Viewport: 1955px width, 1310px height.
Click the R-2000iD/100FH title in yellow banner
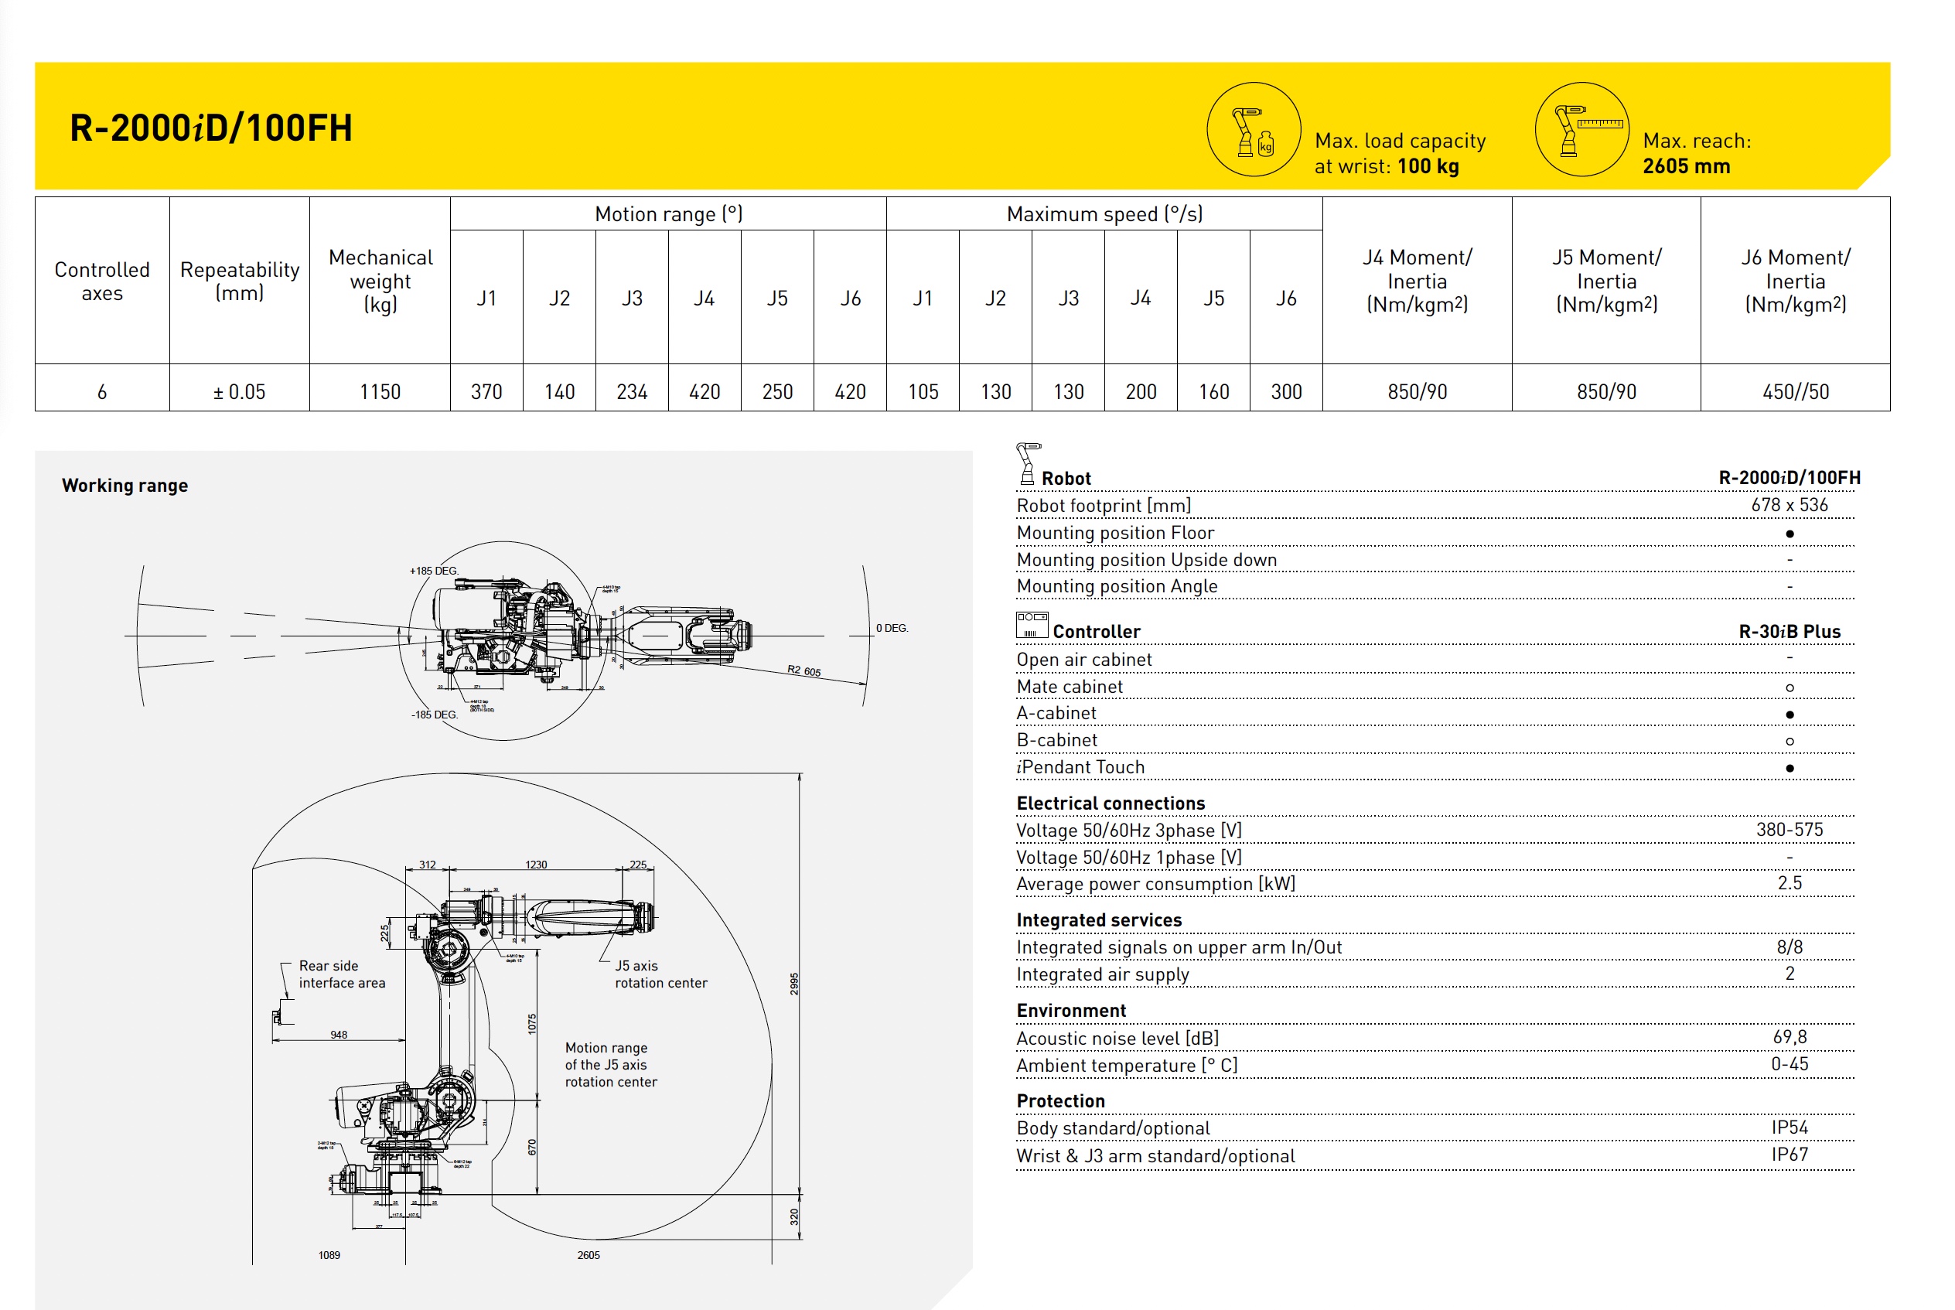click(x=210, y=128)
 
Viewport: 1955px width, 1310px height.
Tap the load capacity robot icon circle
click(x=1254, y=129)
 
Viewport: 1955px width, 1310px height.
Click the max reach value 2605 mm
click(x=1686, y=166)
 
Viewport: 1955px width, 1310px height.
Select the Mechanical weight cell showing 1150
click(x=380, y=391)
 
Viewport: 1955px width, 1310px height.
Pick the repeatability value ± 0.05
click(x=239, y=391)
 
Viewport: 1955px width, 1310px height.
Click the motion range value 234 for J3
click(x=632, y=391)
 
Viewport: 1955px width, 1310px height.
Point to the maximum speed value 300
click(x=1286, y=391)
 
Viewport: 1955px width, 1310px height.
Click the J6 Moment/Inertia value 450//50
click(x=1795, y=391)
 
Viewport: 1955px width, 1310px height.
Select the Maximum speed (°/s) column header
click(x=1104, y=214)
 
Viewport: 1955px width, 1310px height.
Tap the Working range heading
click(x=125, y=486)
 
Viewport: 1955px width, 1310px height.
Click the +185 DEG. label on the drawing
click(x=434, y=571)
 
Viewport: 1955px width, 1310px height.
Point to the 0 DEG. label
click(x=892, y=627)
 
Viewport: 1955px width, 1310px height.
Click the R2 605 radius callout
click(x=803, y=670)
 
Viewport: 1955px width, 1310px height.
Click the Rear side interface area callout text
click(x=342, y=974)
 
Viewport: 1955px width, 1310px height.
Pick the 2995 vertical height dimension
click(x=793, y=984)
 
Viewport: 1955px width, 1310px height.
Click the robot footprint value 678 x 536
click(x=1789, y=505)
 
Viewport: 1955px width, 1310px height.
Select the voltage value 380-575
click(x=1789, y=830)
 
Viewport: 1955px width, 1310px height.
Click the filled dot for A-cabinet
click(x=1789, y=715)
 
